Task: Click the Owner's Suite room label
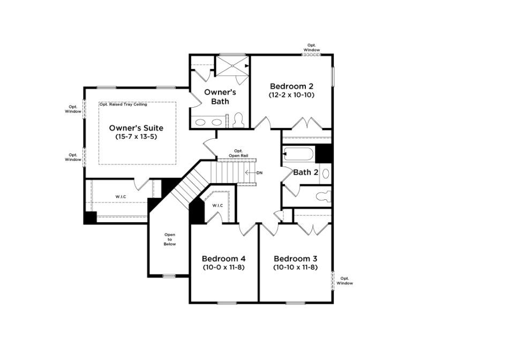(136, 128)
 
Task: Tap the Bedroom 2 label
(291, 86)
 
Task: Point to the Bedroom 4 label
(223, 258)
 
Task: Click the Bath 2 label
(306, 172)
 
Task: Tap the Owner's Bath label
(220, 96)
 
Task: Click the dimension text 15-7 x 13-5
(136, 137)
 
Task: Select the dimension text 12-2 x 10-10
(291, 95)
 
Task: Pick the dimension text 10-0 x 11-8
(223, 267)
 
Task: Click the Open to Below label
(170, 239)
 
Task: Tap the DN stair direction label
(259, 173)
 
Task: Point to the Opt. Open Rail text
(238, 153)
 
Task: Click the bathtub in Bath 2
(299, 155)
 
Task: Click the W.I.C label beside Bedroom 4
(217, 206)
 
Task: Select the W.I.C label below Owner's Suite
(121, 197)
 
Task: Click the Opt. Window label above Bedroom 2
(312, 48)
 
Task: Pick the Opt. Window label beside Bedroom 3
(344, 281)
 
